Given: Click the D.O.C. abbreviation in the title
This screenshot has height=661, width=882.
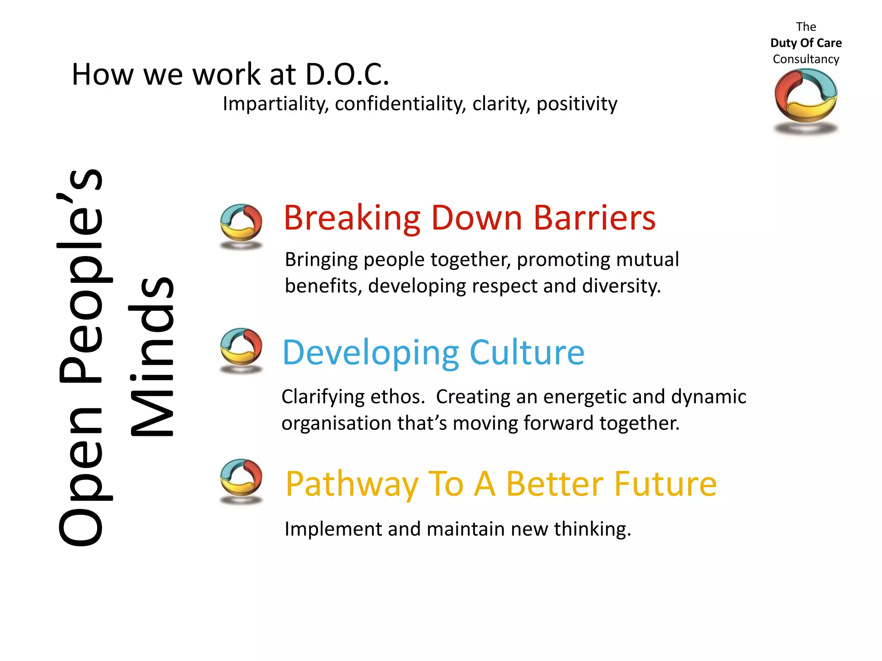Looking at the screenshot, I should (347, 74).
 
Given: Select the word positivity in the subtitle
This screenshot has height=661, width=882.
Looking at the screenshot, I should (577, 104).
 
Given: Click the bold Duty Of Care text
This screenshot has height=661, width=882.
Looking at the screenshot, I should (806, 43).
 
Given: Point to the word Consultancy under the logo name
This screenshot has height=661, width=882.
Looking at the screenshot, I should (806, 59).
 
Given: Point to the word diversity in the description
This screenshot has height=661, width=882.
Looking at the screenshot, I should (621, 286).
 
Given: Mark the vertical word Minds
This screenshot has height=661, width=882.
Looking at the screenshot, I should (152, 357).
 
